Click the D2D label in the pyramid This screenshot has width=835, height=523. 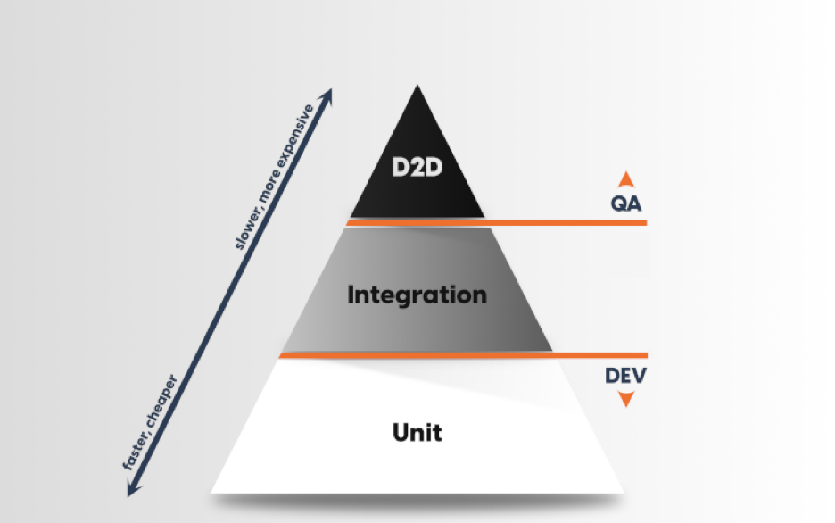417,168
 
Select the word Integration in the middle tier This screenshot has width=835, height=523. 417,295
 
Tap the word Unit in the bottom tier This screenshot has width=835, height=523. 417,434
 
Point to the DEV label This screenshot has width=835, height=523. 625,375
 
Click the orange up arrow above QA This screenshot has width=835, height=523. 625,178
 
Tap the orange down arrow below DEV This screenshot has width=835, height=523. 625,399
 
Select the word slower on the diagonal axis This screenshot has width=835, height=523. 247,225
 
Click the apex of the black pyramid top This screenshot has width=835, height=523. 417,87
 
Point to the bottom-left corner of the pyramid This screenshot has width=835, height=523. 213,490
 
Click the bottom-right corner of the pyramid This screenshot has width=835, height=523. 622,490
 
